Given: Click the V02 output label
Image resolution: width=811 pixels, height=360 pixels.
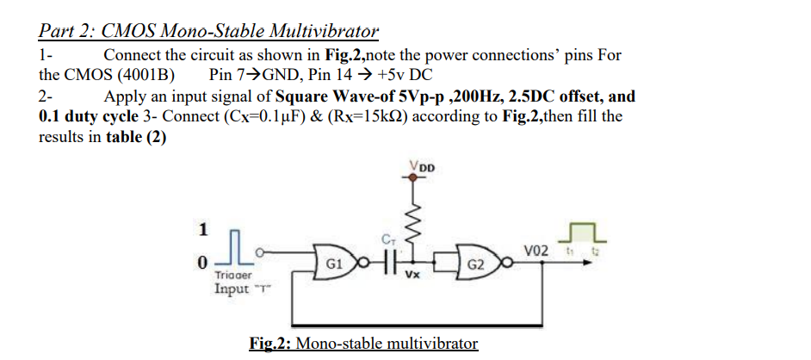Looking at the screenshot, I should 534,250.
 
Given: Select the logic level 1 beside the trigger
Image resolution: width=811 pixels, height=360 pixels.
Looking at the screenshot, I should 203,230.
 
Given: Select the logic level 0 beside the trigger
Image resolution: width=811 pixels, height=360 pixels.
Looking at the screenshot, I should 202,262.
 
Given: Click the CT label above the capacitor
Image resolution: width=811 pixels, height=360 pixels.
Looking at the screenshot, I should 387,238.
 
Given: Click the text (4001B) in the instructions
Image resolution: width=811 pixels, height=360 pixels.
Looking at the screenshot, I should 144,75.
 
